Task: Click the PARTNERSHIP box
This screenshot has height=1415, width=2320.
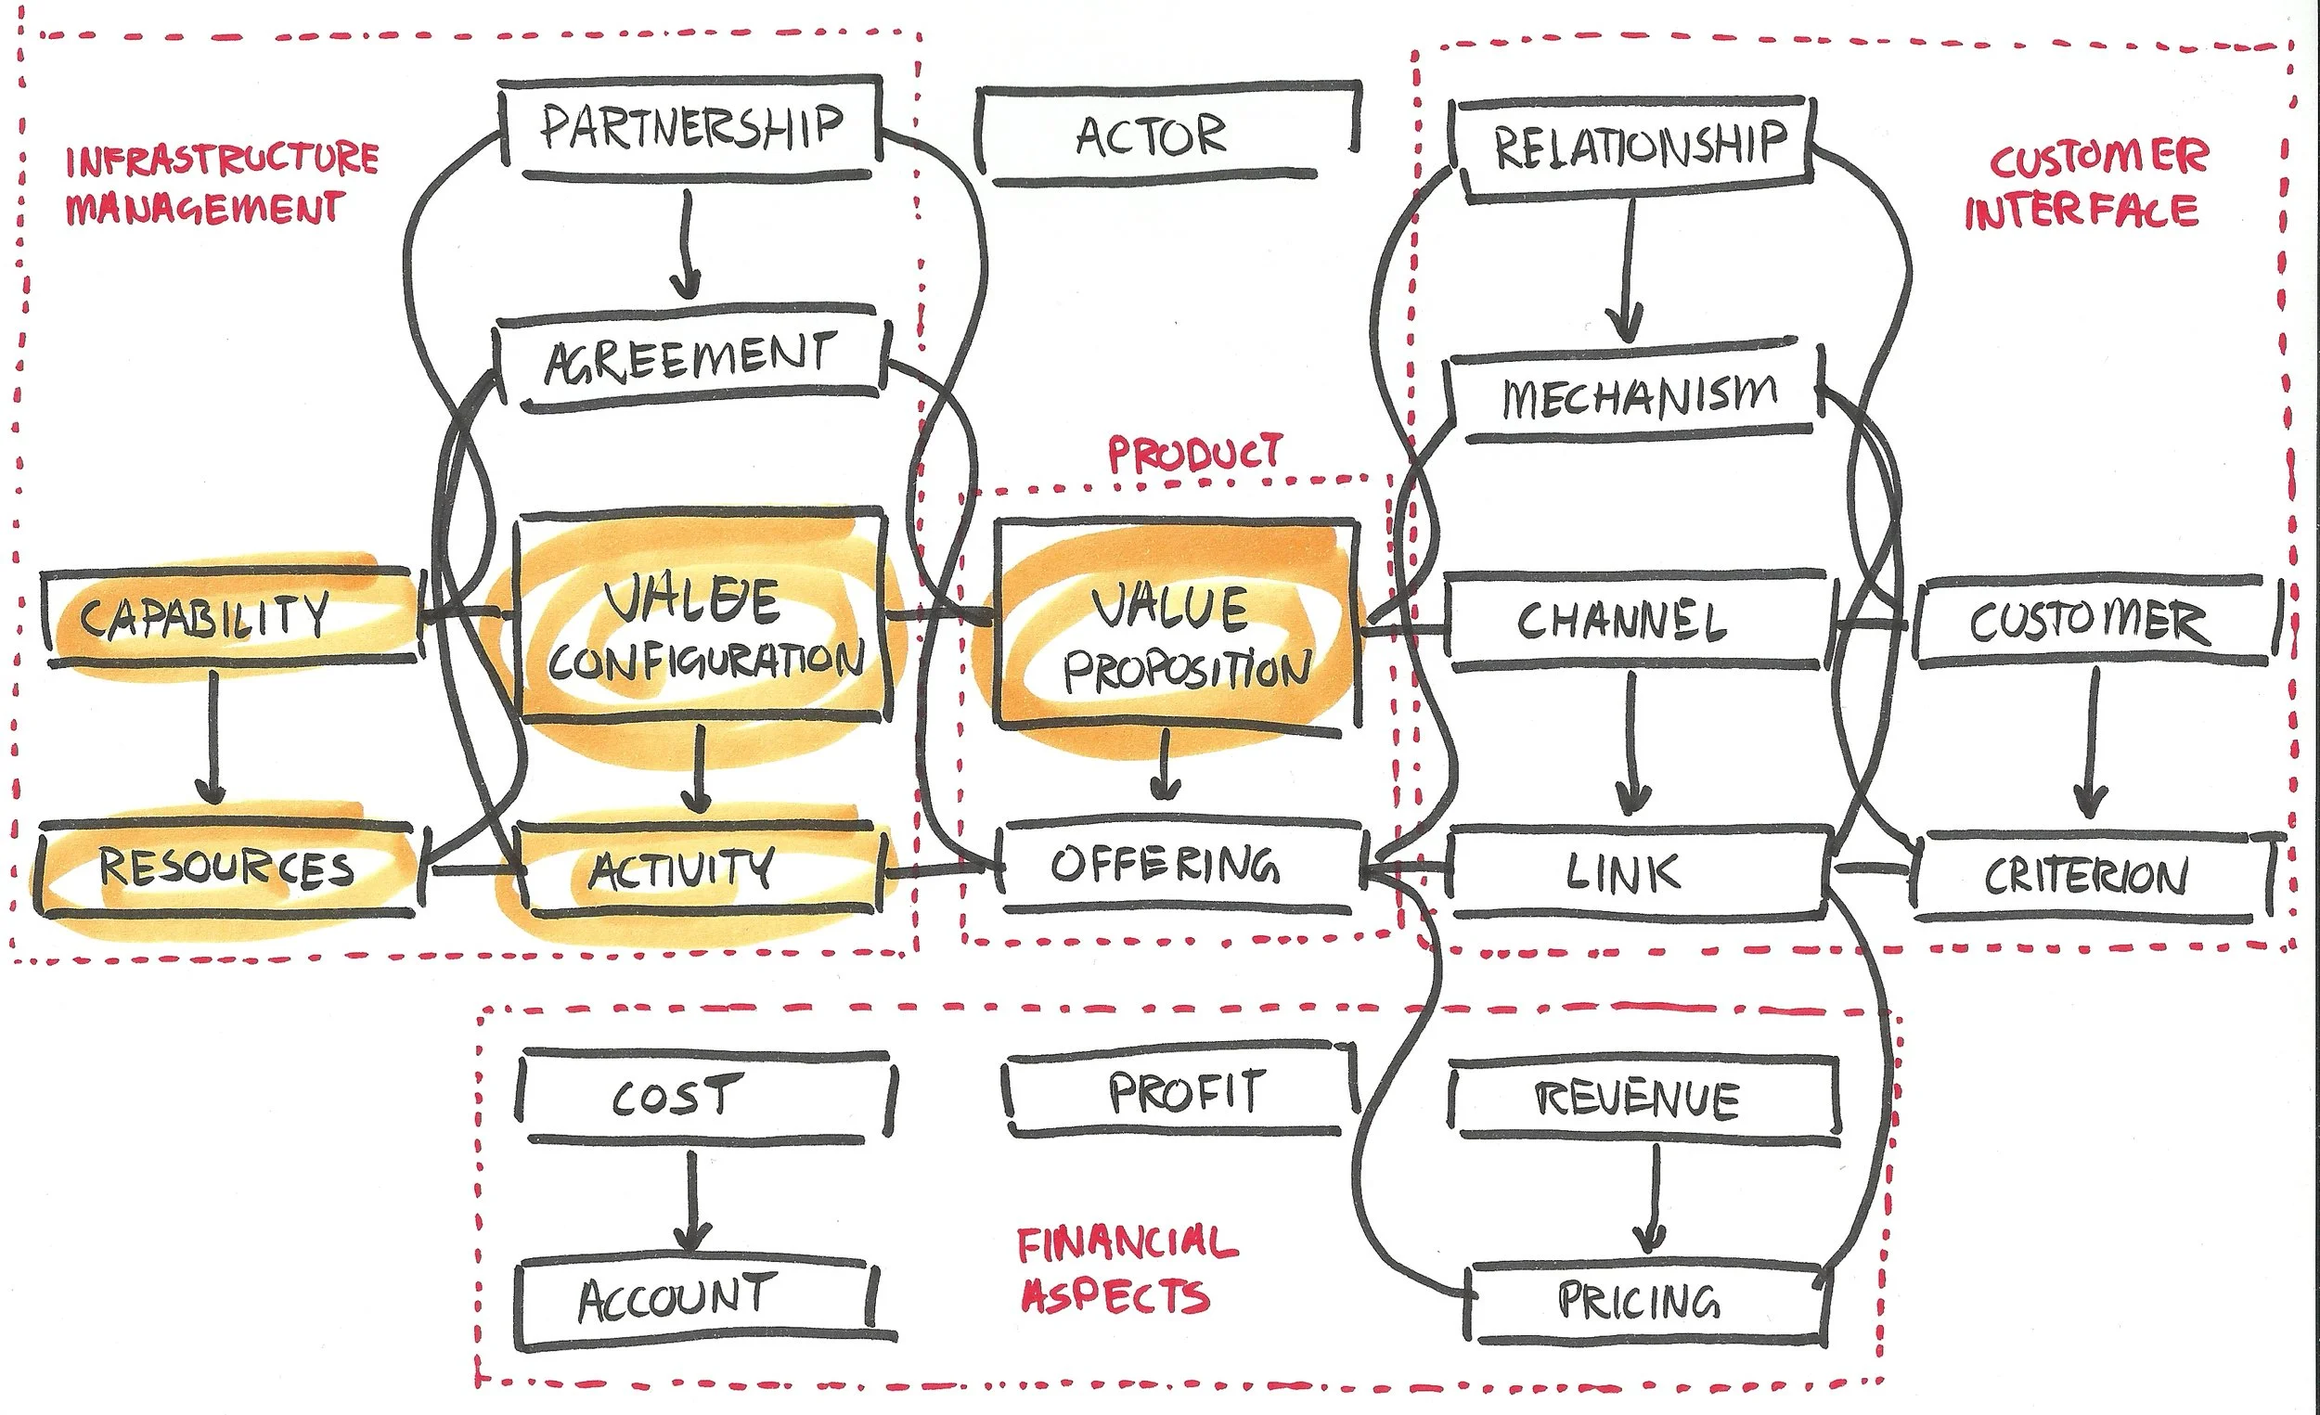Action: [690, 128]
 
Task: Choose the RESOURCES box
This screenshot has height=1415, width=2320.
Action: [226, 868]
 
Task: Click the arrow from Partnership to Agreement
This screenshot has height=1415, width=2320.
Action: [687, 245]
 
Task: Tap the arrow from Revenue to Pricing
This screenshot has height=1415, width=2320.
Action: [1653, 1201]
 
